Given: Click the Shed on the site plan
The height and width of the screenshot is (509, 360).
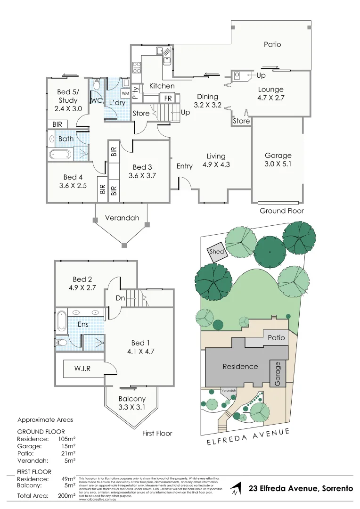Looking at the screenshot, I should click(x=217, y=252).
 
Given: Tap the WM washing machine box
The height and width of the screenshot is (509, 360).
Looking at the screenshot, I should click(x=125, y=93).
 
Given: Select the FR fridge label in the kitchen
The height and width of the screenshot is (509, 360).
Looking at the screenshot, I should click(x=168, y=99).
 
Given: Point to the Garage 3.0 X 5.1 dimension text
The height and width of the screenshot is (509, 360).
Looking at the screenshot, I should click(x=278, y=164).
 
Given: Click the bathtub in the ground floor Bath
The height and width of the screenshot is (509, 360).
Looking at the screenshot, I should click(x=60, y=154).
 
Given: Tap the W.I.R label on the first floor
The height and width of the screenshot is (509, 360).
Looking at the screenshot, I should click(x=82, y=368).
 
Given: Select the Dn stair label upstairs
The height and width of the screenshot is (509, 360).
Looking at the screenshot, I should click(x=120, y=298).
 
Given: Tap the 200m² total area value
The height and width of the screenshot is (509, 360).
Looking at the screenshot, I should click(x=67, y=495).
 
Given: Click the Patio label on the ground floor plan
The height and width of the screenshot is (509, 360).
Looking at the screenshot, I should click(x=272, y=44).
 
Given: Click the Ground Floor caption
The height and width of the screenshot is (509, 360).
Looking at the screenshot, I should click(x=282, y=211).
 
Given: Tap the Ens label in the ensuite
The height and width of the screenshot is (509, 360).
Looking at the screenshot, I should click(x=83, y=324).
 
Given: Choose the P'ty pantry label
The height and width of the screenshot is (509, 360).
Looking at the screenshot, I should click(x=135, y=91).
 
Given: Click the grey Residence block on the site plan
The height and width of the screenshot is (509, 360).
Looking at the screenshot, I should click(x=240, y=366).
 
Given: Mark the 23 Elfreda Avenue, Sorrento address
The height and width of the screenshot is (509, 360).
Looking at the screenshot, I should click(x=301, y=489).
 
